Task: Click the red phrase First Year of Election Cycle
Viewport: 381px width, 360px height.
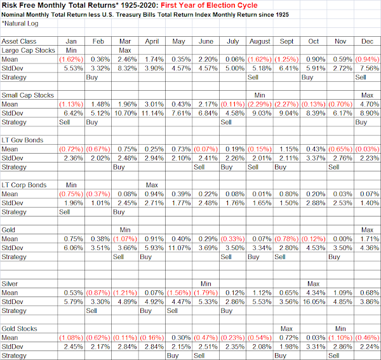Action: pos(209,5)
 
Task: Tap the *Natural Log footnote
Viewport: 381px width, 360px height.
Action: pos(20,23)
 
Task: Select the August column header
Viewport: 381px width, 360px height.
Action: pos(260,41)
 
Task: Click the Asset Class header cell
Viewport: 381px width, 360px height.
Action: pos(18,41)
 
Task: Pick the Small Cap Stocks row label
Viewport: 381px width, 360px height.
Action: pos(27,95)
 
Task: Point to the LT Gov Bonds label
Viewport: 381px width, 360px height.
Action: pos(22,140)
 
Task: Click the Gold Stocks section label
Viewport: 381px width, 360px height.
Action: pos(19,329)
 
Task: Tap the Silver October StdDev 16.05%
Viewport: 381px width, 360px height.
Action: pos(314,302)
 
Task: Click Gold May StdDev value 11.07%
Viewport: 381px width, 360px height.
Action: pos(179,248)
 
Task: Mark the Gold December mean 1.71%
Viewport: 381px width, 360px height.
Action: pos(370,239)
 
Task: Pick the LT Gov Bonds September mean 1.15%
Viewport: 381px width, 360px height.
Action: pos(289,149)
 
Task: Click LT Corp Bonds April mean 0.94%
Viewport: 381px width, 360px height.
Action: pos(154,194)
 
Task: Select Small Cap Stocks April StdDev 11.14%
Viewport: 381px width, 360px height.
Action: pos(152,113)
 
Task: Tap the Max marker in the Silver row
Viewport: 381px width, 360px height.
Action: pos(314,284)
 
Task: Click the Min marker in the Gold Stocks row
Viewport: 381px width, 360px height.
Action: pos(340,329)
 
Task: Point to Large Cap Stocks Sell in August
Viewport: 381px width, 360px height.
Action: pos(253,77)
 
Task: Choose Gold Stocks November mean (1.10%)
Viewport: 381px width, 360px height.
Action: pos(340,338)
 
